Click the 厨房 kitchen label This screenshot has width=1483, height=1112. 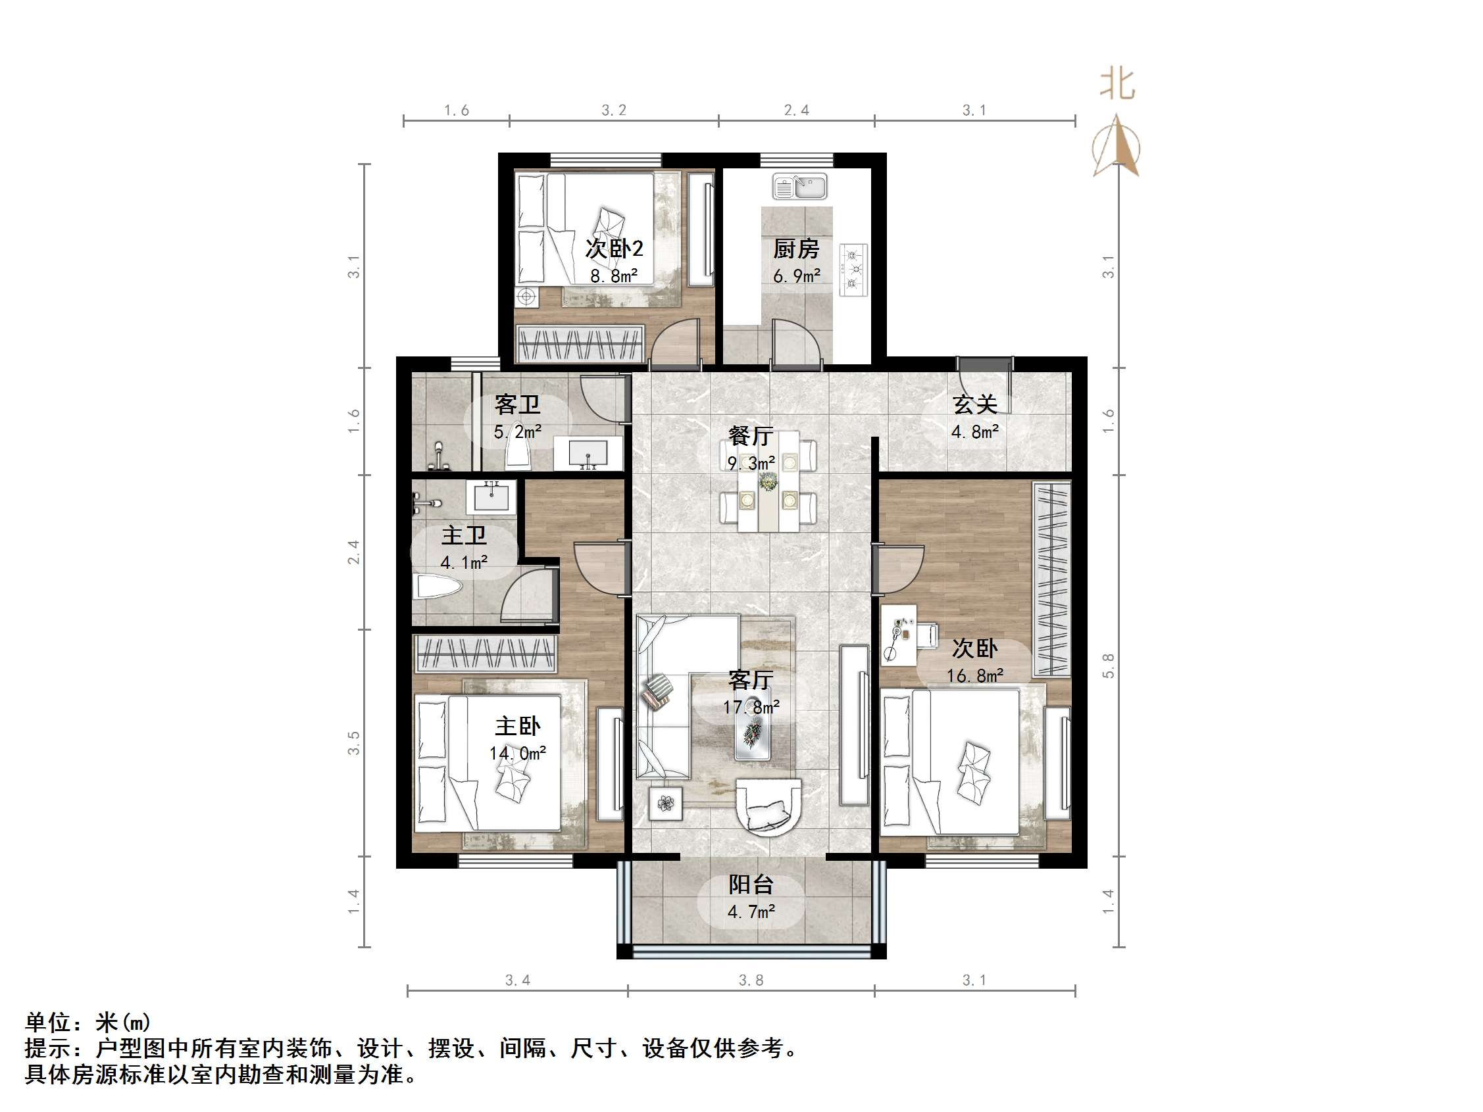796,249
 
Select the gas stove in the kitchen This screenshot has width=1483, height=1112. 853,270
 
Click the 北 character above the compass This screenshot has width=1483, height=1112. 1117,85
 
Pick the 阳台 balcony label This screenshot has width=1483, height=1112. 751,884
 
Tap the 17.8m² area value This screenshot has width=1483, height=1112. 751,707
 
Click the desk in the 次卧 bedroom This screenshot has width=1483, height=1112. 898,634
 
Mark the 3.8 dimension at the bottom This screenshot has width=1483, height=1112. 751,980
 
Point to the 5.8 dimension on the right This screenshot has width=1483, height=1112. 1108,665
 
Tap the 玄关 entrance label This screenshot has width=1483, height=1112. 975,405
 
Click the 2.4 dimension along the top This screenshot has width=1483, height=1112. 797,110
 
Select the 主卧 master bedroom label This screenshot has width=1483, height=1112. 518,727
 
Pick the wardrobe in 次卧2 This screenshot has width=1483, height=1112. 580,344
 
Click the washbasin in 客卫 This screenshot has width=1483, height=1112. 588,454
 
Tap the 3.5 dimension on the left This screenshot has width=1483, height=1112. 353,742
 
